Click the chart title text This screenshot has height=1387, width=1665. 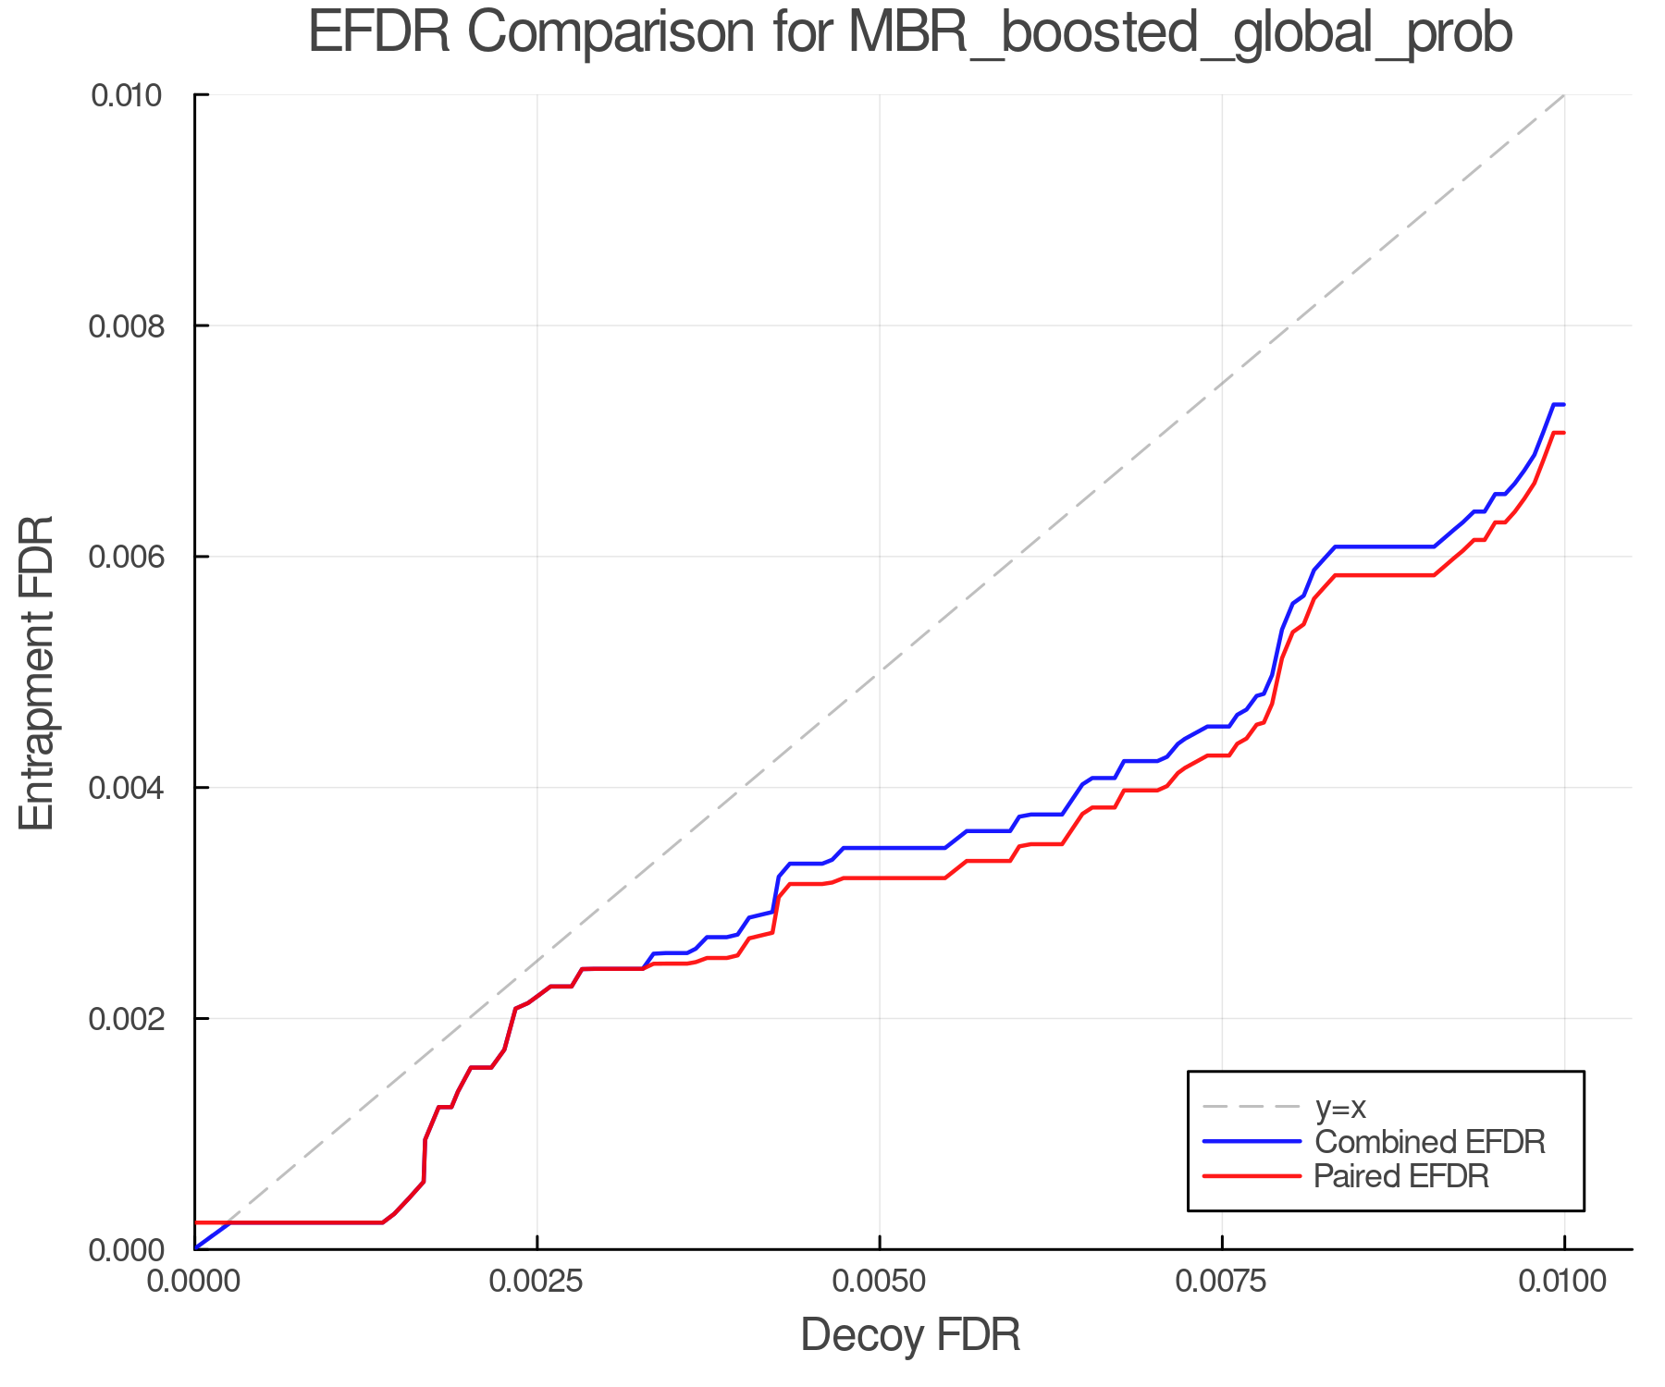tap(910, 33)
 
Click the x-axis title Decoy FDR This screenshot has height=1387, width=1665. tap(910, 1335)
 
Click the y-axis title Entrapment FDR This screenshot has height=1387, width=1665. tap(37, 672)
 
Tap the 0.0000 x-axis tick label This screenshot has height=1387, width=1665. tap(195, 1282)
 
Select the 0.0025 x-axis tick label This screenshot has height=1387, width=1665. tap(537, 1282)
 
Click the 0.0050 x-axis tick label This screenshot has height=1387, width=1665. tap(880, 1282)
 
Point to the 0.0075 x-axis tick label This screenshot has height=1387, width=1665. tap(1222, 1282)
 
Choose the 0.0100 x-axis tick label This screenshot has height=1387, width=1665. tap(1564, 1282)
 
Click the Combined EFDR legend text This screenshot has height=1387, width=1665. tap(1430, 1142)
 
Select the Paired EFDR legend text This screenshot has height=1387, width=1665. tap(1401, 1176)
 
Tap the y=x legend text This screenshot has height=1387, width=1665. tap(1340, 1107)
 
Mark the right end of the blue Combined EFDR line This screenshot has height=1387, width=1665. tap(1563, 405)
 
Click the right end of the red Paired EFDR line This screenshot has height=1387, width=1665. tap(1563, 433)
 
